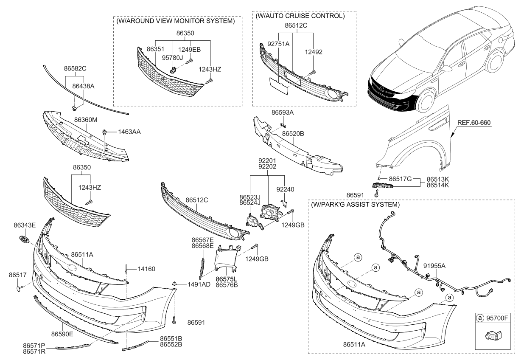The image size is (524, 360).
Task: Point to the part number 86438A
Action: coord(83,86)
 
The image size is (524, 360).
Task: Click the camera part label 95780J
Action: coord(174,58)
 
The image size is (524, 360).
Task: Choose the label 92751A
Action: coord(278,43)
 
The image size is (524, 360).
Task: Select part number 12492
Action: coord(314,52)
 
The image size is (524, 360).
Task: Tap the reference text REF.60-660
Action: coord(474,123)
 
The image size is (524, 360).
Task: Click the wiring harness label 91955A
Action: coord(434,266)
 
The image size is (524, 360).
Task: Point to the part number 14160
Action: coord(146,269)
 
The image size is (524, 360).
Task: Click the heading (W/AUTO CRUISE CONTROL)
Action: coord(300,16)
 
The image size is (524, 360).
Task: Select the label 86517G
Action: coord(401,180)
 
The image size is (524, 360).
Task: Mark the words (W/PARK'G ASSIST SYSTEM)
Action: coord(355,204)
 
